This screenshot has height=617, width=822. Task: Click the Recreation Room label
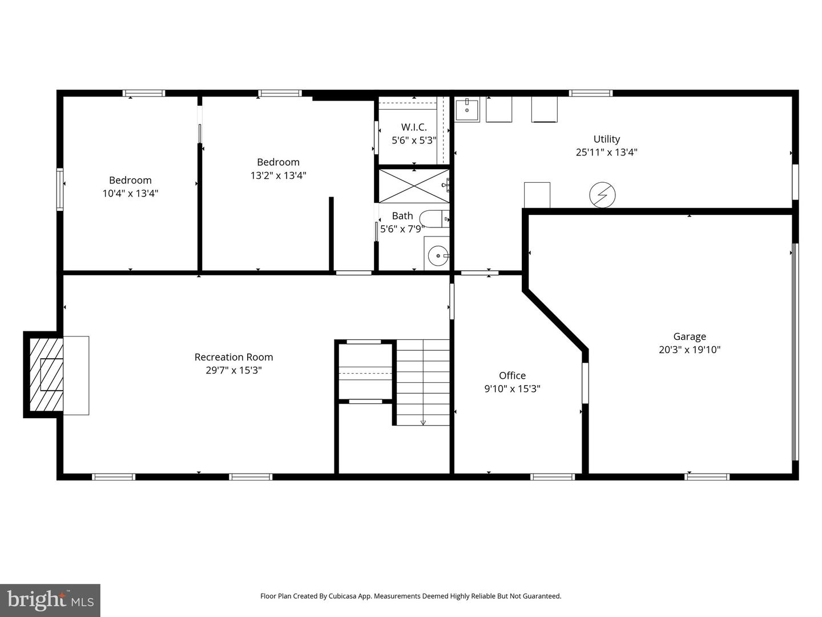233,357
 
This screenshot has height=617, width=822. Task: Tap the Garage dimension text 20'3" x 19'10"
689,350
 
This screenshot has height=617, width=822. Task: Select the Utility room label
606,139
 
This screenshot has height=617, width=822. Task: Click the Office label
512,375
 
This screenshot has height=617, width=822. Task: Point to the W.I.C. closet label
413,127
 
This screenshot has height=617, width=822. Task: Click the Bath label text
402,216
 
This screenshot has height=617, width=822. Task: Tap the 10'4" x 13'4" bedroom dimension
130,193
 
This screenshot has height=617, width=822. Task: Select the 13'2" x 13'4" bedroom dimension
278,175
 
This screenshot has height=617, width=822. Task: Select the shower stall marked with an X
414,185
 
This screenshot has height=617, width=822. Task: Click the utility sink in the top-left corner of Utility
468,110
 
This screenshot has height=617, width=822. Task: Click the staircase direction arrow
423,422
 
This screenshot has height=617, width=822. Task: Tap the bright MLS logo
50,600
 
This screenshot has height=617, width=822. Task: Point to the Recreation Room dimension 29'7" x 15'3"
233,370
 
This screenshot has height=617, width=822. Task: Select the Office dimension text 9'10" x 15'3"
512,388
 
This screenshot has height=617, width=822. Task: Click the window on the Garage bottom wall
707,476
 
